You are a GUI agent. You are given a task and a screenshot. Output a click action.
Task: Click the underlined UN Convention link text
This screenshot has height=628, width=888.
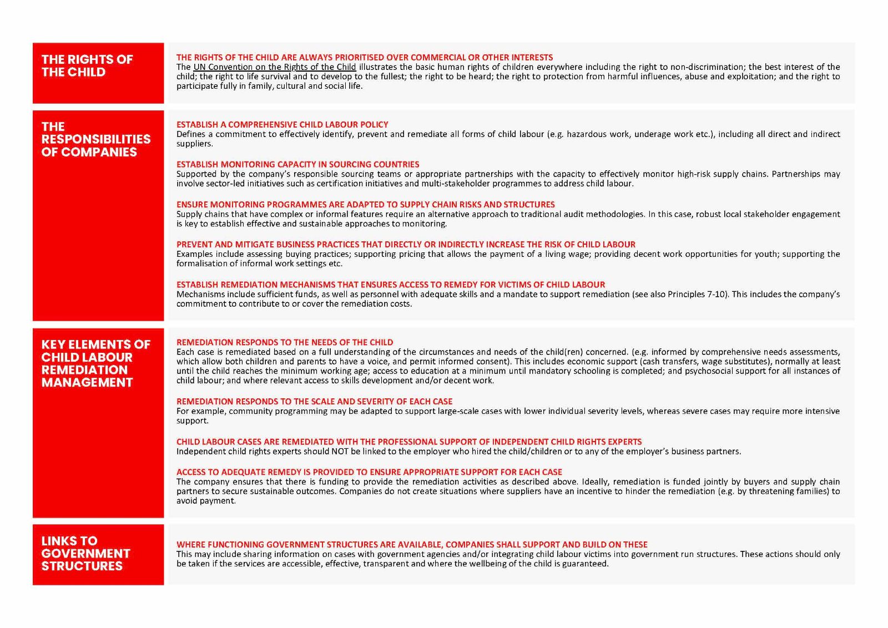(x=274, y=67)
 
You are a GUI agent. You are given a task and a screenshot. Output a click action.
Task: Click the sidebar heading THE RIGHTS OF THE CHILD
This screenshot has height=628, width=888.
(x=87, y=65)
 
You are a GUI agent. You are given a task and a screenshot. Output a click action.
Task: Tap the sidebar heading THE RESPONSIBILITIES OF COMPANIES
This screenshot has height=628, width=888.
(x=95, y=139)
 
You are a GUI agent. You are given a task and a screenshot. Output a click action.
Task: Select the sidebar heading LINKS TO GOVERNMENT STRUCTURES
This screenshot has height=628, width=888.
(x=85, y=553)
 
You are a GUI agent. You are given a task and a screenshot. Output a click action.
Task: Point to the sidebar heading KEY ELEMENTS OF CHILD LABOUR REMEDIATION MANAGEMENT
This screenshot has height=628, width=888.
(x=95, y=363)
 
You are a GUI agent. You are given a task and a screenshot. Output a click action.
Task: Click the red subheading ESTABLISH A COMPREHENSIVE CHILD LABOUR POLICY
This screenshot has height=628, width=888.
(x=282, y=125)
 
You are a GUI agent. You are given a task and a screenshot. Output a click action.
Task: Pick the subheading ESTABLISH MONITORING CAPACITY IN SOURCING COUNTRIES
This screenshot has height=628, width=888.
(x=297, y=165)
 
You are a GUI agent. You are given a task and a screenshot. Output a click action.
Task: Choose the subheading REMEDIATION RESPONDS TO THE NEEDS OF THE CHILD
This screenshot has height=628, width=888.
(x=284, y=343)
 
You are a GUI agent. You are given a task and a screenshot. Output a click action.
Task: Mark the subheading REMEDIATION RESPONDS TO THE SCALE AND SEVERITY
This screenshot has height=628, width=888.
(x=314, y=402)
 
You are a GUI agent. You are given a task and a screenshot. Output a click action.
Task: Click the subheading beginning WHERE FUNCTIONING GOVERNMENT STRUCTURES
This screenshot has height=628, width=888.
(x=411, y=545)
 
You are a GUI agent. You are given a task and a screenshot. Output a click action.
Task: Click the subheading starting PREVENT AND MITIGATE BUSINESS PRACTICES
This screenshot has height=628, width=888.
(x=405, y=245)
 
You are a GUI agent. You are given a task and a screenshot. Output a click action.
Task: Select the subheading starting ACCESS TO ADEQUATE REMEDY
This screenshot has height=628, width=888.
(x=369, y=472)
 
